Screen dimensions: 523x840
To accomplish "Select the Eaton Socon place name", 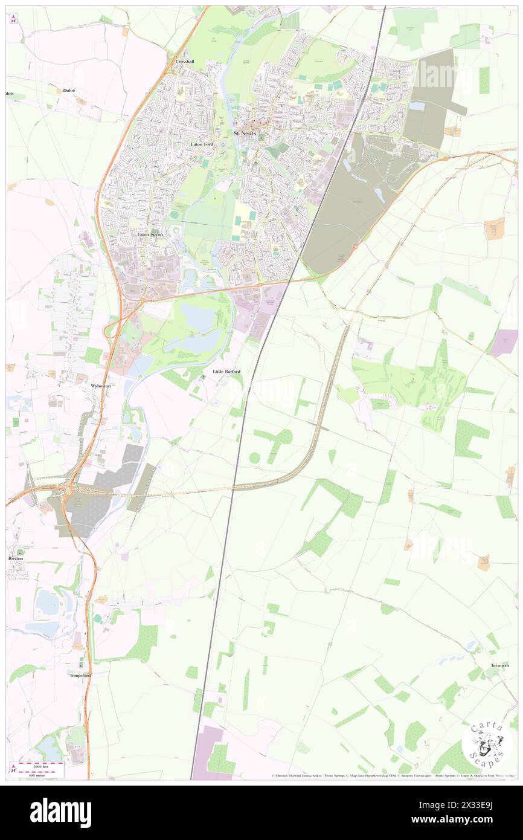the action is tap(150, 234).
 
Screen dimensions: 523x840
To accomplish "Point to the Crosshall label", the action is tap(184, 62).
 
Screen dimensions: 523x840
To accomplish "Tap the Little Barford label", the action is tap(226, 371).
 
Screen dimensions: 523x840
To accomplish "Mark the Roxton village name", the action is tap(16, 558).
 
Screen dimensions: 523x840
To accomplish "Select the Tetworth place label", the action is tap(499, 665).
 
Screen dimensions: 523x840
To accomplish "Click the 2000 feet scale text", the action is tap(40, 763).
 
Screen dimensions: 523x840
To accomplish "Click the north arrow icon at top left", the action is tap(13, 19).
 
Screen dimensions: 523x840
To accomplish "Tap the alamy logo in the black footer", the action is tap(60, 812).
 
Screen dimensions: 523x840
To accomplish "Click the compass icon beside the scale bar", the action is tap(13, 769).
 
